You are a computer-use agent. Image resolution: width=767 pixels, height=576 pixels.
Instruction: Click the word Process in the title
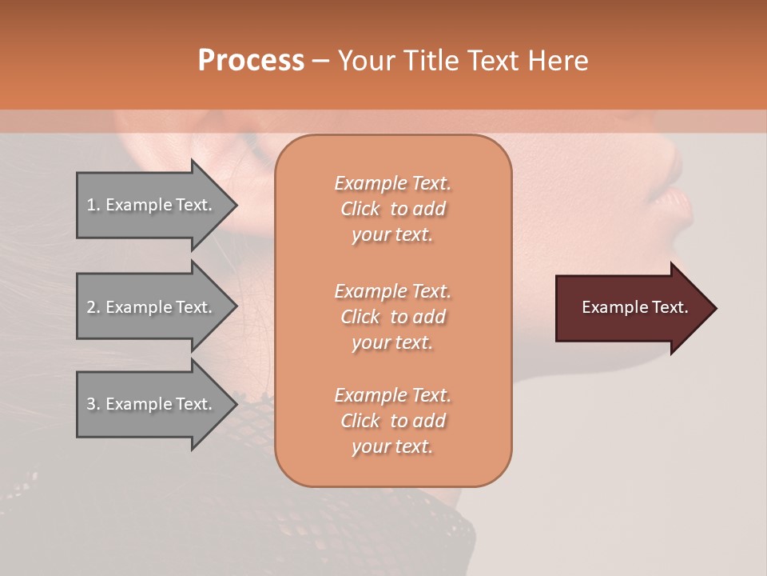point(251,60)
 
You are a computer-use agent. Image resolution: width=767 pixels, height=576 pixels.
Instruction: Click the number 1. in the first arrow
point(93,205)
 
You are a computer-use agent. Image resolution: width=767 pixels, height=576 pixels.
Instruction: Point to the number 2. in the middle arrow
point(93,307)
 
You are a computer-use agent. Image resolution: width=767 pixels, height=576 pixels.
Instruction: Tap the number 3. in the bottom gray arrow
point(93,404)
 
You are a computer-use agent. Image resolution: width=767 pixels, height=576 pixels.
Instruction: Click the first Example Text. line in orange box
point(392,183)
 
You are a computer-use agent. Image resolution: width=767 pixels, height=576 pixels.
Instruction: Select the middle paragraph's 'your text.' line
point(392,342)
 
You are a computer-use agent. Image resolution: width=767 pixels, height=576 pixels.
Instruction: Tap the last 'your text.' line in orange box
point(392,446)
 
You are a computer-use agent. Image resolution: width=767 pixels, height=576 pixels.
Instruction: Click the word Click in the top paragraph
point(360,209)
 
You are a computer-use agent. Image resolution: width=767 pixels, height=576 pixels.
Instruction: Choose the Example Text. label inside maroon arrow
point(635,307)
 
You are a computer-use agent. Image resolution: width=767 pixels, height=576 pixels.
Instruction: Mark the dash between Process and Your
point(320,61)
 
